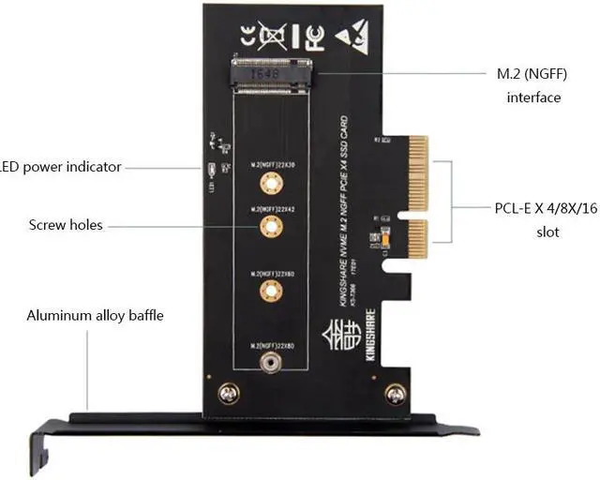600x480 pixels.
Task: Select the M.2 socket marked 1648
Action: pos(272,74)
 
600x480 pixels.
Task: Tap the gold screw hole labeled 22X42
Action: pos(270,225)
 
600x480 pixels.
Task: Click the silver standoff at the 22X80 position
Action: pos(270,361)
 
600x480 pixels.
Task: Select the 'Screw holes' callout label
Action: pos(66,225)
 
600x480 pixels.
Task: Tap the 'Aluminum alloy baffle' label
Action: pos(95,315)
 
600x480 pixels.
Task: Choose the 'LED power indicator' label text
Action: pos(61,167)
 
